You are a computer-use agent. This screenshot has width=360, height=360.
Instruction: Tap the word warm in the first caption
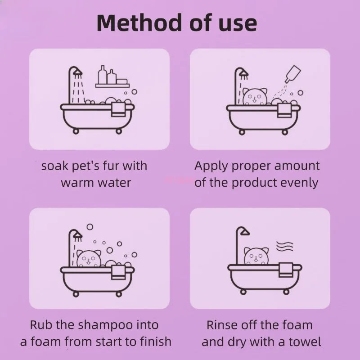78,183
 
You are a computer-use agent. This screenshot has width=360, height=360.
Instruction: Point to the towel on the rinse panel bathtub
286,269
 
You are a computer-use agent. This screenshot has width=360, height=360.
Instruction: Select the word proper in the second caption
247,166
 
